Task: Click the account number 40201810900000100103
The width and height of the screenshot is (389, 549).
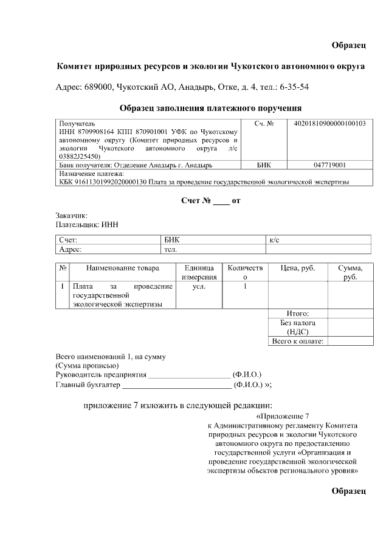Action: pos(329,124)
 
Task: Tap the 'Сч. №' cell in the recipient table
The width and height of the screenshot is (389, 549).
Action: pos(266,124)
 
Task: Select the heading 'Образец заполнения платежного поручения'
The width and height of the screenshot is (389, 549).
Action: pos(210,108)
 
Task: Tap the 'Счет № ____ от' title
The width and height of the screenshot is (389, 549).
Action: pos(211,200)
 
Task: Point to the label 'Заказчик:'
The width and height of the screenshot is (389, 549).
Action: pos(71,215)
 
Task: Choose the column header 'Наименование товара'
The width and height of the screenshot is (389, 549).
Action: pos(122,268)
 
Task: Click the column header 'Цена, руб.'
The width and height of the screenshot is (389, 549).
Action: pos(297,268)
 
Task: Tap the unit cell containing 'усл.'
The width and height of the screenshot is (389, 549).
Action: pos(199,286)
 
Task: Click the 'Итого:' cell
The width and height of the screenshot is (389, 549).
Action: pos(298,314)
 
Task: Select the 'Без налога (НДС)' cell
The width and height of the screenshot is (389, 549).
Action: pos(298,328)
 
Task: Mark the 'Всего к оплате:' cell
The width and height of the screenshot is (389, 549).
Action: pos(298,342)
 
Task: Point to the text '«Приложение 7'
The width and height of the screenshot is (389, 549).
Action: pos(283,417)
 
